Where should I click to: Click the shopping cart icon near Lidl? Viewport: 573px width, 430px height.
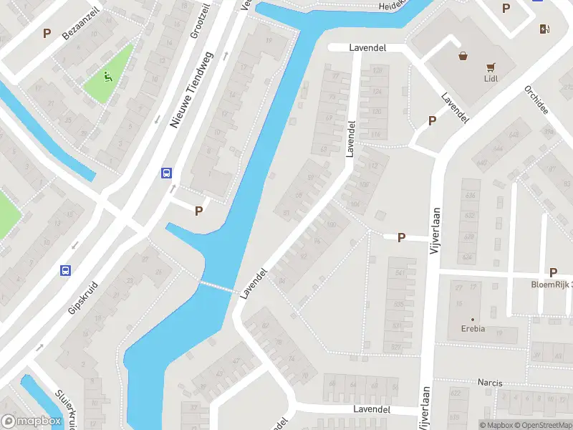tap(491, 67)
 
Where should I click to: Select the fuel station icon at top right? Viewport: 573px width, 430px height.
tap(544, 29)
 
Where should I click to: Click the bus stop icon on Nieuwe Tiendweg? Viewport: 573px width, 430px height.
tap(166, 173)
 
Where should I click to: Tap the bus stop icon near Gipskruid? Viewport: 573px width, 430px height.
tap(65, 270)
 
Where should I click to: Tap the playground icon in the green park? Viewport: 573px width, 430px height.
tap(107, 76)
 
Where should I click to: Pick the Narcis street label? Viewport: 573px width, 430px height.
tap(490, 383)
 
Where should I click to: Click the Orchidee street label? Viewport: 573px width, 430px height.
tap(536, 101)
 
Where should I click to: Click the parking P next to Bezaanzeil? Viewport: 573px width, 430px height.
tap(47, 33)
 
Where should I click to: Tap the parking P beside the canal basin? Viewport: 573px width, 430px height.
tap(199, 211)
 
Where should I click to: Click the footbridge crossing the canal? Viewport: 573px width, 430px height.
tap(216, 287)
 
